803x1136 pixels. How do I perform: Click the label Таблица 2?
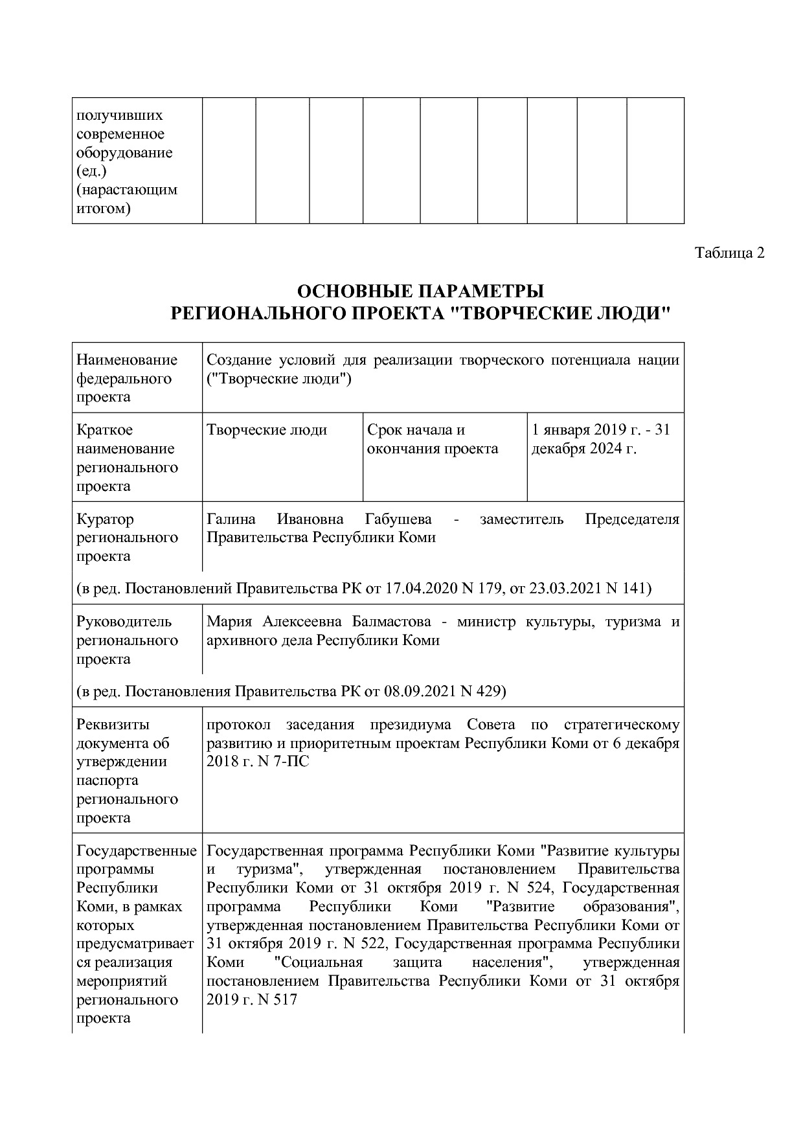(x=730, y=253)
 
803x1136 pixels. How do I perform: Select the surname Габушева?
(x=398, y=519)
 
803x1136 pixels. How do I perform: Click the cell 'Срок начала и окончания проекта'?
(x=433, y=439)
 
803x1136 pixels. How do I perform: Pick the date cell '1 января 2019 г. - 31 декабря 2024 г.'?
(x=600, y=439)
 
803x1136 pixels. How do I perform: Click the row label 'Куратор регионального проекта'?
(x=127, y=538)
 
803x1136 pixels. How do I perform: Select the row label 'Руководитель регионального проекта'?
(x=127, y=640)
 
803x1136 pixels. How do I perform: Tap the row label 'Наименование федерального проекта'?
(x=127, y=378)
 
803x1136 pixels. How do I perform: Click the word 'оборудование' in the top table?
(x=124, y=153)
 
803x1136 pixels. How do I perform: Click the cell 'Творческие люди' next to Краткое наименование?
(x=267, y=430)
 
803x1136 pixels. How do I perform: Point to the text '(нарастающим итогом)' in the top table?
(x=126, y=199)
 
